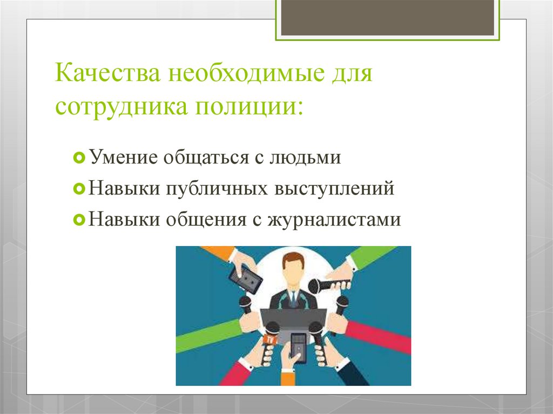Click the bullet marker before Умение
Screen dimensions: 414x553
pos(78,158)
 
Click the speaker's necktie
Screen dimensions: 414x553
pos(293,298)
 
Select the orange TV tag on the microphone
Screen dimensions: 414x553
pos(270,339)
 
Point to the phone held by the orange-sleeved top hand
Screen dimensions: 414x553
pos(245,279)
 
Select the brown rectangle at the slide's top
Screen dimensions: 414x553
pos(387,18)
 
